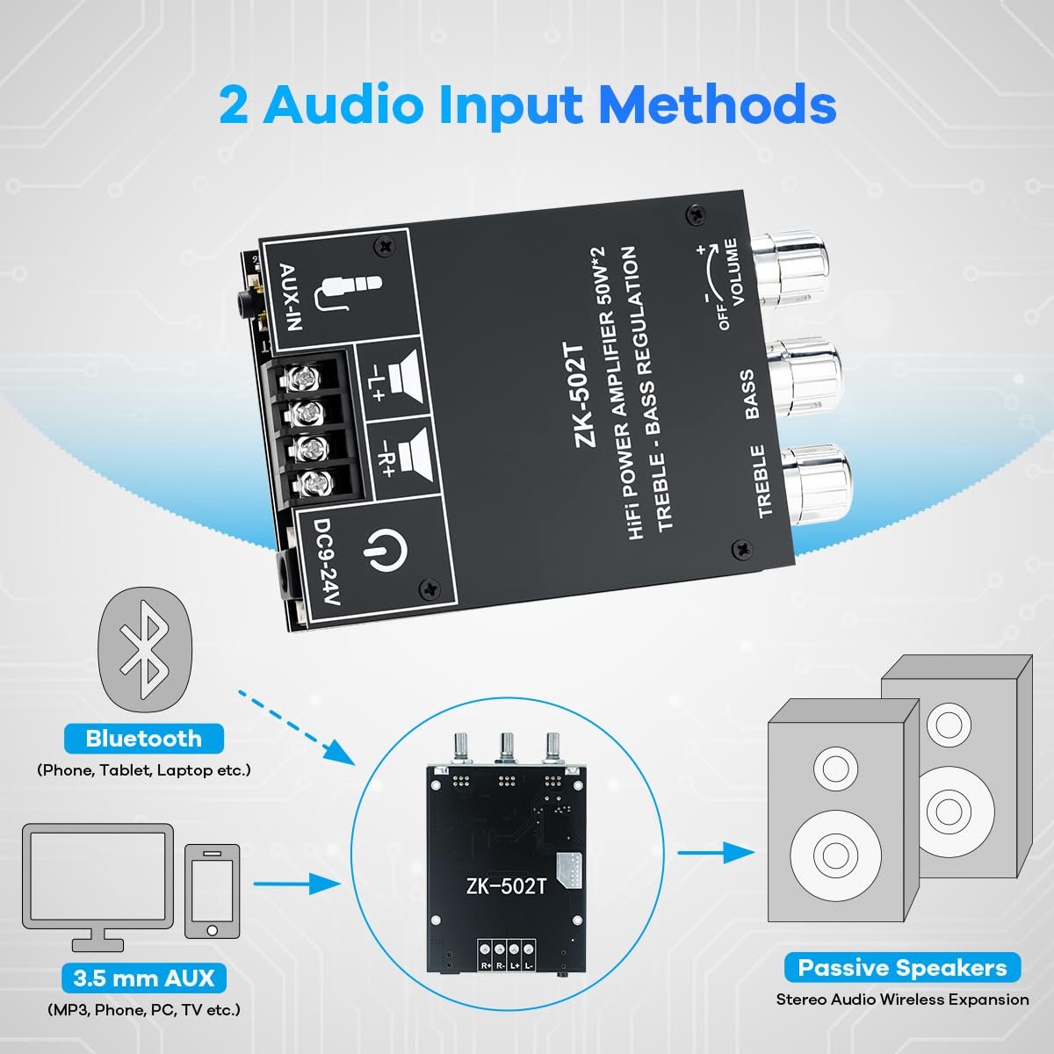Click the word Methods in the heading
pyautogui.click(x=718, y=104)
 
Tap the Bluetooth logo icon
pyautogui.click(x=145, y=650)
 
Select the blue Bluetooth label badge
pyautogui.click(x=144, y=739)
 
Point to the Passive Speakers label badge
pyautogui.click(x=902, y=968)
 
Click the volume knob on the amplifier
pyautogui.click(x=790, y=270)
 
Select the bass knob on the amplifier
pyautogui.click(x=803, y=378)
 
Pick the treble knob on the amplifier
pyautogui.click(x=817, y=485)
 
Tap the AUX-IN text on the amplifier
pyautogui.click(x=291, y=297)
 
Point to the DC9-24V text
pyautogui.click(x=326, y=561)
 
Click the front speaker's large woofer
pyautogui.click(x=835, y=855)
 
